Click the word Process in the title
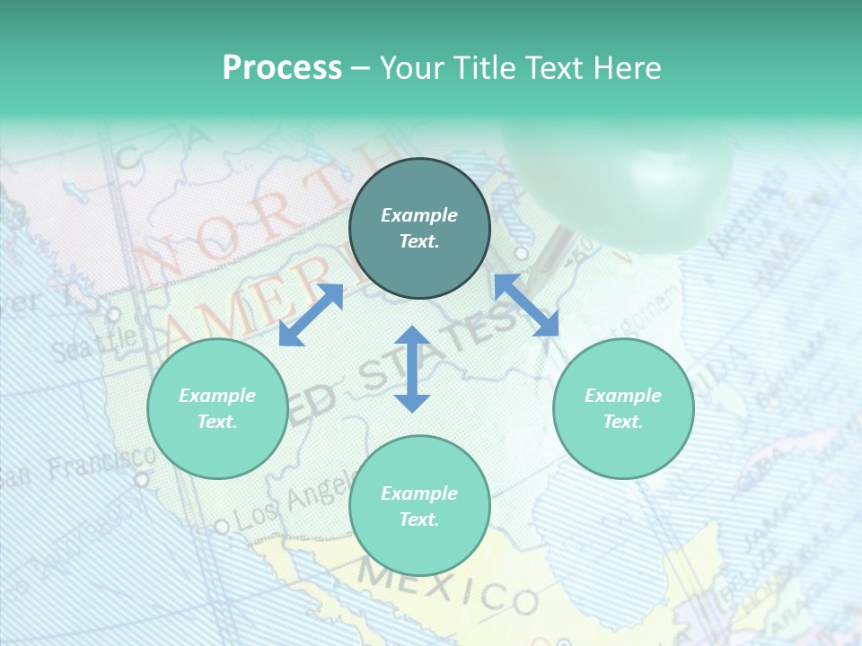point(282,68)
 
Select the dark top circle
point(419,229)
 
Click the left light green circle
point(217,408)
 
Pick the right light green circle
point(623,408)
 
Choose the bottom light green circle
point(419,506)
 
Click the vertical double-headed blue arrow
point(412,369)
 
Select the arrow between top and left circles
point(311,314)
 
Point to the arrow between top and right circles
point(527,305)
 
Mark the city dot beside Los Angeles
point(221,526)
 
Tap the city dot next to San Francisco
point(141,480)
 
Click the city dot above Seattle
point(113,315)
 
